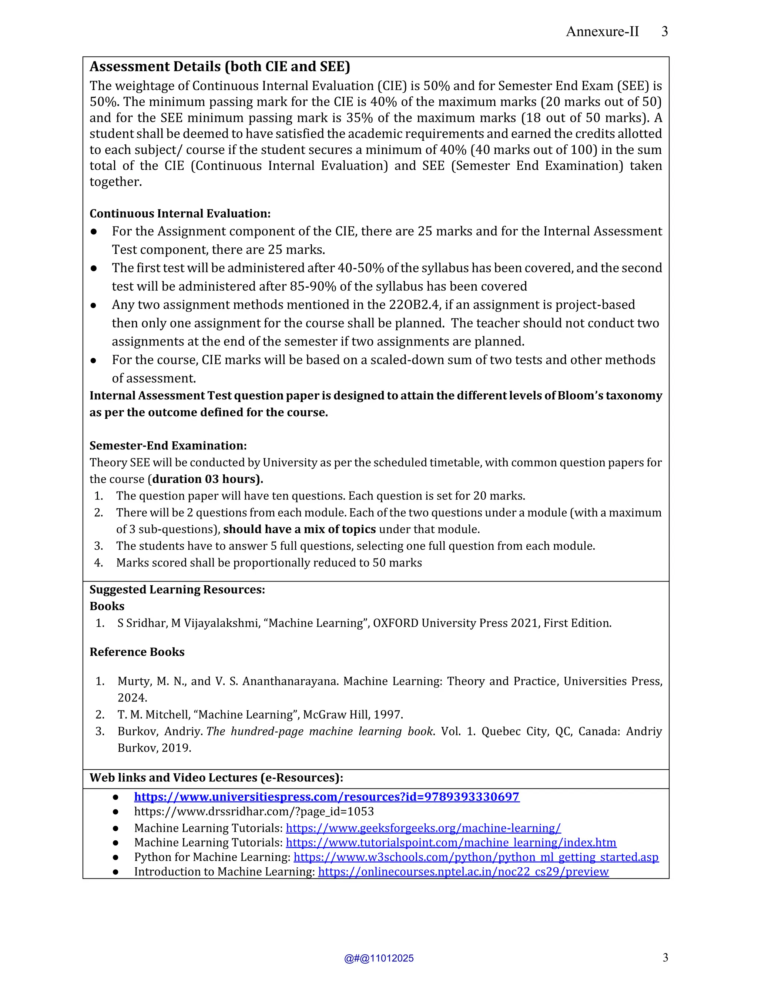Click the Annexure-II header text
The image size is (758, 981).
(x=602, y=31)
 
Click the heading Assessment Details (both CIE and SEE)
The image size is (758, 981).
(x=219, y=67)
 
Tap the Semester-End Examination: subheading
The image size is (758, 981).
(x=168, y=446)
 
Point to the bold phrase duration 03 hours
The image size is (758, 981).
(x=207, y=479)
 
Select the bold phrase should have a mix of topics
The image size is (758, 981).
(x=299, y=530)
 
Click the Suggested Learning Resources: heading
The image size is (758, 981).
(x=177, y=590)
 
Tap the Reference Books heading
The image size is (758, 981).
(x=137, y=652)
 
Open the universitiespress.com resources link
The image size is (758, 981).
(x=326, y=797)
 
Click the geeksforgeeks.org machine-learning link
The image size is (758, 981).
(x=423, y=828)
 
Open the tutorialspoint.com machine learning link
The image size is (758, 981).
(x=451, y=843)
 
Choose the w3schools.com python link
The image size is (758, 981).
(x=476, y=857)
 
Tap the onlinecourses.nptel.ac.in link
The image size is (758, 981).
(x=463, y=872)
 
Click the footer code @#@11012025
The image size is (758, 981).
(x=379, y=958)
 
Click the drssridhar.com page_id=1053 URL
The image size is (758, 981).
(x=254, y=812)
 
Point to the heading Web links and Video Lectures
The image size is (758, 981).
(x=216, y=778)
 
